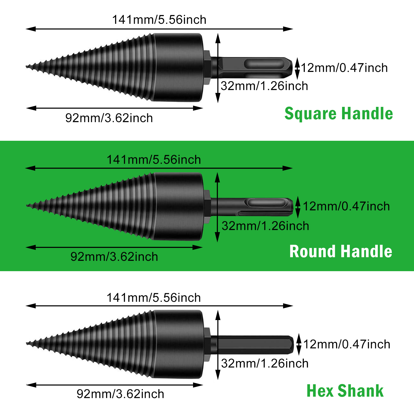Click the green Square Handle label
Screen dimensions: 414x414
pyautogui.click(x=339, y=114)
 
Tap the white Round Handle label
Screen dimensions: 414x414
pyautogui.click(x=341, y=252)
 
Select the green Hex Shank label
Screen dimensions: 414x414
pyautogui.click(x=345, y=391)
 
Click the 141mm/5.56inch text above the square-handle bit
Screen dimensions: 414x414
pyautogui.click(x=159, y=20)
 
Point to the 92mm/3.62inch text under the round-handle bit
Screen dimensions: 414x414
pyautogui.click(x=114, y=257)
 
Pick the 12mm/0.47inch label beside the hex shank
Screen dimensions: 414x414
pyautogui.click(x=347, y=344)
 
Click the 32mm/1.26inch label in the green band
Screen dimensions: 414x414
pyautogui.click(x=265, y=226)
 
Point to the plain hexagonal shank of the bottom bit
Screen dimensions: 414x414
pyautogui.click(x=253, y=345)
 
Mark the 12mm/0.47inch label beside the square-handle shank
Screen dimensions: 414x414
pyautogui.click(x=344, y=68)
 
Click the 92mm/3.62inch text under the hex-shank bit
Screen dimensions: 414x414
pyautogui.click(x=120, y=394)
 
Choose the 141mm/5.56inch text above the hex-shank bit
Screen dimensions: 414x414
pyautogui.click(x=154, y=298)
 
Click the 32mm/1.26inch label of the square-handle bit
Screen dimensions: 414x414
pyautogui.click(x=264, y=86)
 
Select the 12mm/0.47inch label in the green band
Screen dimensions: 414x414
pyautogui.click(x=346, y=206)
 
